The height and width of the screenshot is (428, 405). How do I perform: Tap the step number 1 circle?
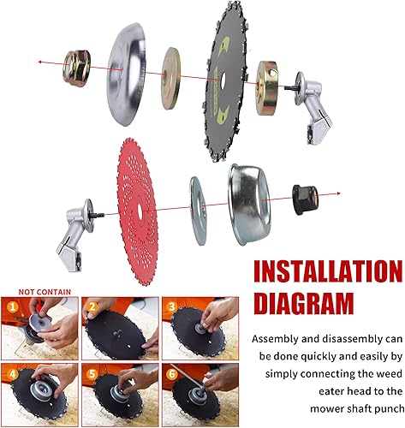coord(13,304)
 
